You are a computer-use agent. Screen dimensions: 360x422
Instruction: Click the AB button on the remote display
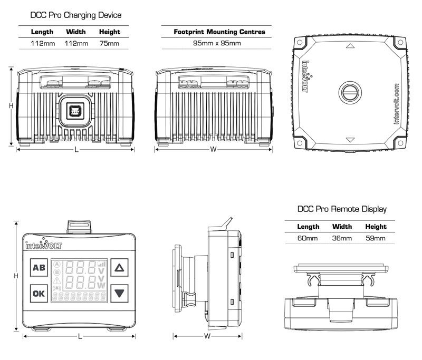(x=39, y=268)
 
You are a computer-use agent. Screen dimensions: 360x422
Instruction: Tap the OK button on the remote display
(x=39, y=293)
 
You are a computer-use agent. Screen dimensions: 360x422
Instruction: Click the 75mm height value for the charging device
(x=109, y=43)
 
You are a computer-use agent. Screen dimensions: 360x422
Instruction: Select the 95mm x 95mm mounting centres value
(x=217, y=43)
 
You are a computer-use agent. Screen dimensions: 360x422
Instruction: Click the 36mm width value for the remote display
(x=342, y=238)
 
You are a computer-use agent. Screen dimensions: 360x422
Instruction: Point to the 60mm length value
(x=308, y=238)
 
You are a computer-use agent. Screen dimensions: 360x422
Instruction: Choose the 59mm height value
(x=376, y=238)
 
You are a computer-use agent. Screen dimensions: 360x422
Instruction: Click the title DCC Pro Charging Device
(x=76, y=15)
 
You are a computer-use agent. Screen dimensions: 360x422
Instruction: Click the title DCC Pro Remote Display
(x=342, y=209)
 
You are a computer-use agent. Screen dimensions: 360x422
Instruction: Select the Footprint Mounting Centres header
(x=219, y=32)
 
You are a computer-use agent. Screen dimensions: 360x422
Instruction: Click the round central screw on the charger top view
(x=349, y=92)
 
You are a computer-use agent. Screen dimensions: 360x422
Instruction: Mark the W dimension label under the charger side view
(x=214, y=150)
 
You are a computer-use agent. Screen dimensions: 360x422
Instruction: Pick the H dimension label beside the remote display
(x=17, y=276)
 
